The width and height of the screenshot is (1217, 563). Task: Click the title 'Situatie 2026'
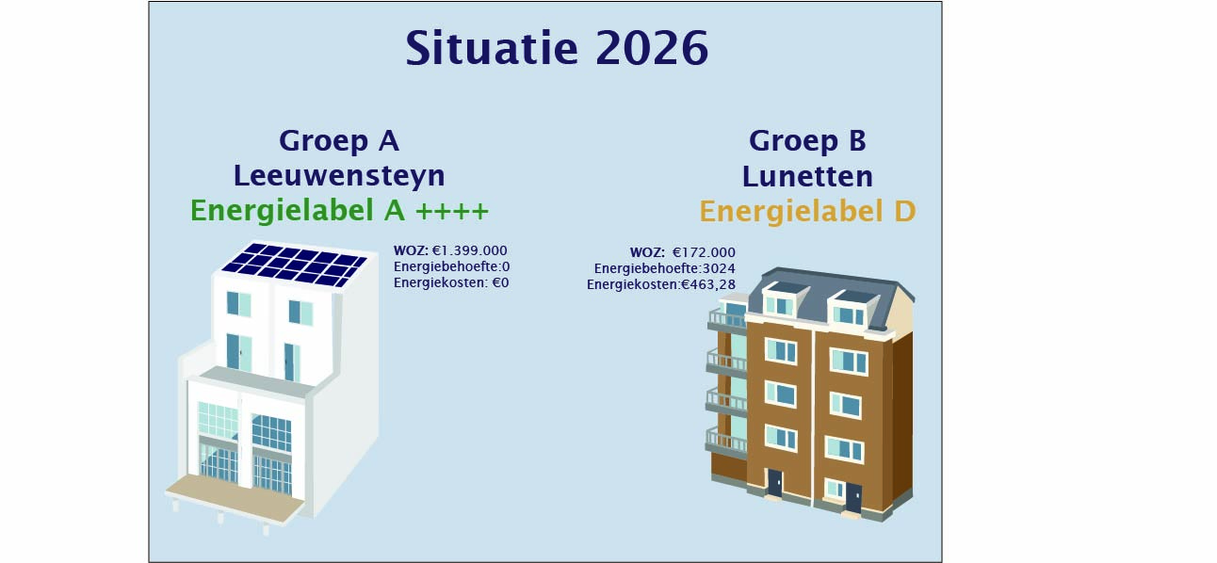tap(557, 48)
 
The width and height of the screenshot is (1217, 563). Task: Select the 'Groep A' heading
tap(339, 141)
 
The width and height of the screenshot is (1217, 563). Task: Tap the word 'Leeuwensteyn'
tap(339, 176)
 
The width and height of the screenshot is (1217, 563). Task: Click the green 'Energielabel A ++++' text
tap(339, 211)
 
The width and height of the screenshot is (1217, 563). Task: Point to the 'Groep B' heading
tap(807, 141)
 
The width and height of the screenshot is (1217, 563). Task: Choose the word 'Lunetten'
tap(807, 176)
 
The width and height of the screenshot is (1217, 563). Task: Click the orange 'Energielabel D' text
tap(807, 211)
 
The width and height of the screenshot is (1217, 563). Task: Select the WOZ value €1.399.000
tap(469, 250)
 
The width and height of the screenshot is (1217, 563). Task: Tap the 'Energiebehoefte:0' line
tap(451, 266)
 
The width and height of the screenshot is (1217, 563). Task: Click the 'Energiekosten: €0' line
tap(451, 282)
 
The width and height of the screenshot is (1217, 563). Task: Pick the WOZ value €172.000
tap(704, 252)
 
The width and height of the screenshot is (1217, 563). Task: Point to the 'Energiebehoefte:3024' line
tap(664, 268)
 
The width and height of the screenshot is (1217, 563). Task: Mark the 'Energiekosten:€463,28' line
tap(660, 284)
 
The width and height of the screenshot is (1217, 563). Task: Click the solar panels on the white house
tap(295, 265)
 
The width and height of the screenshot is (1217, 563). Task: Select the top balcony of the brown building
tap(726, 319)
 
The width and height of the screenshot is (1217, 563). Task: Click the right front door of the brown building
tap(853, 497)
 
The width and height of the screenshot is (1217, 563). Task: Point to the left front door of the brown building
tap(774, 483)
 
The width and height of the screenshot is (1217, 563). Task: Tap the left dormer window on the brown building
tap(780, 301)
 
